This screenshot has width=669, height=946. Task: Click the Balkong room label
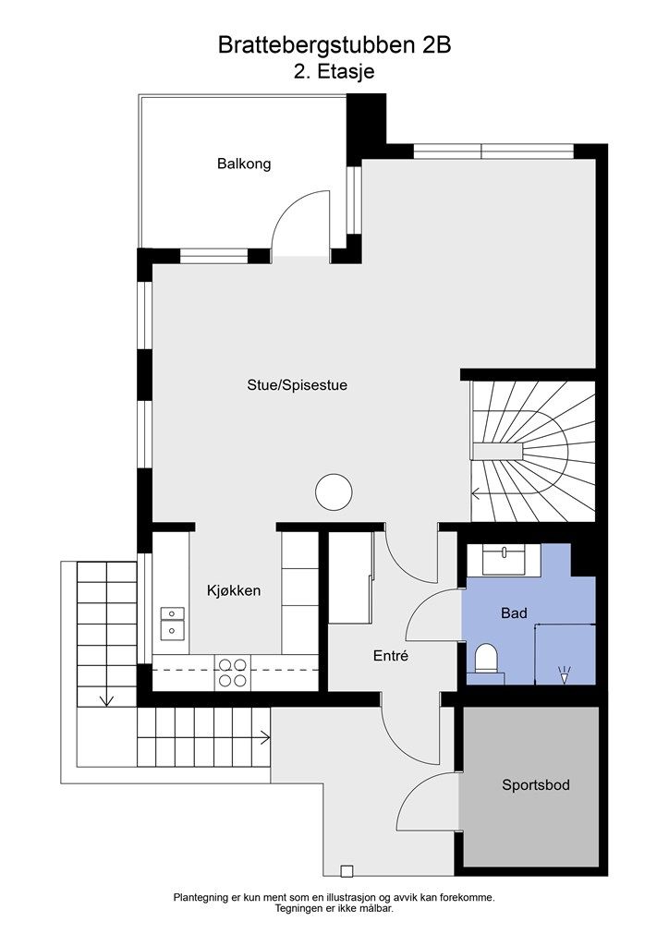pyautogui.click(x=244, y=164)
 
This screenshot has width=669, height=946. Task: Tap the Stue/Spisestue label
pyautogui.click(x=297, y=385)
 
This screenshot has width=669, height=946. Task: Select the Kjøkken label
pyautogui.click(x=234, y=590)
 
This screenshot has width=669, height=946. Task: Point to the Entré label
pyautogui.click(x=391, y=656)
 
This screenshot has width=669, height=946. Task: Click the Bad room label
pyautogui.click(x=514, y=613)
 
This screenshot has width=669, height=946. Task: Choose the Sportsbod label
pyautogui.click(x=536, y=785)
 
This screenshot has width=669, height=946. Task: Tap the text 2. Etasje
pyautogui.click(x=334, y=71)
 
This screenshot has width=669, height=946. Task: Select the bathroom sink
pyautogui.click(x=503, y=559)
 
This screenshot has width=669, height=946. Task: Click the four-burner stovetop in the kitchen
pyautogui.click(x=233, y=673)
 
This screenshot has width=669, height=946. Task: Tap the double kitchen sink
pyautogui.click(x=172, y=623)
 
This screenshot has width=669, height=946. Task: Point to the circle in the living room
pyautogui.click(x=334, y=492)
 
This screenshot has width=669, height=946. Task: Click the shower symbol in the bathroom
pyautogui.click(x=565, y=673)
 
